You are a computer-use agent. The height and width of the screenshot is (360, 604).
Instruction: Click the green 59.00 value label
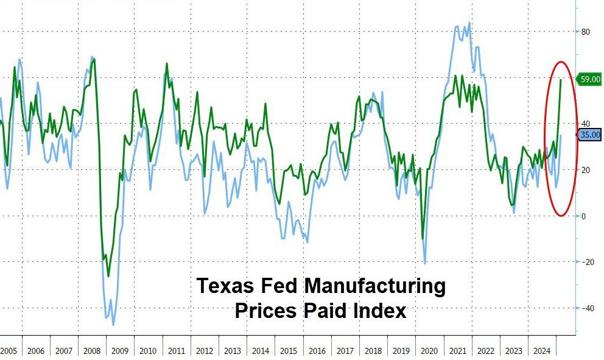tap(589, 79)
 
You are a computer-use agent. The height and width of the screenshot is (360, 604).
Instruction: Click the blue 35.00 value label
tap(589, 135)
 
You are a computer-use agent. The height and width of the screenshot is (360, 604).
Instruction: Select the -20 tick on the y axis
tap(588, 262)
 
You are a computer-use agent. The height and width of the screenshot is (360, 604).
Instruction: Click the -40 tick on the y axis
tap(588, 308)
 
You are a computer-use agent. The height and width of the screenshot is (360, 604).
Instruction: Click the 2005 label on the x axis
tap(9, 351)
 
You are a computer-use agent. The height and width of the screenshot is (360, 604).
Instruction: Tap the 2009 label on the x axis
tap(119, 351)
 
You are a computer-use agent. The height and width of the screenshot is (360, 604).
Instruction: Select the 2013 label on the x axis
tap(232, 351)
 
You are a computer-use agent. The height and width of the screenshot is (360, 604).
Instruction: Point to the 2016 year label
tap(317, 351)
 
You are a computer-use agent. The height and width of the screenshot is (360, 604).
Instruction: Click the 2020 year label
tap(429, 351)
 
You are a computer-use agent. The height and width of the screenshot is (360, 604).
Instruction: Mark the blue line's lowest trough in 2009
tap(113, 325)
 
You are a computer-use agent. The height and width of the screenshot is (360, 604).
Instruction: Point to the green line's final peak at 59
tap(560, 80)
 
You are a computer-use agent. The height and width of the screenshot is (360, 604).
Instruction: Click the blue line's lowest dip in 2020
tap(424, 263)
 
